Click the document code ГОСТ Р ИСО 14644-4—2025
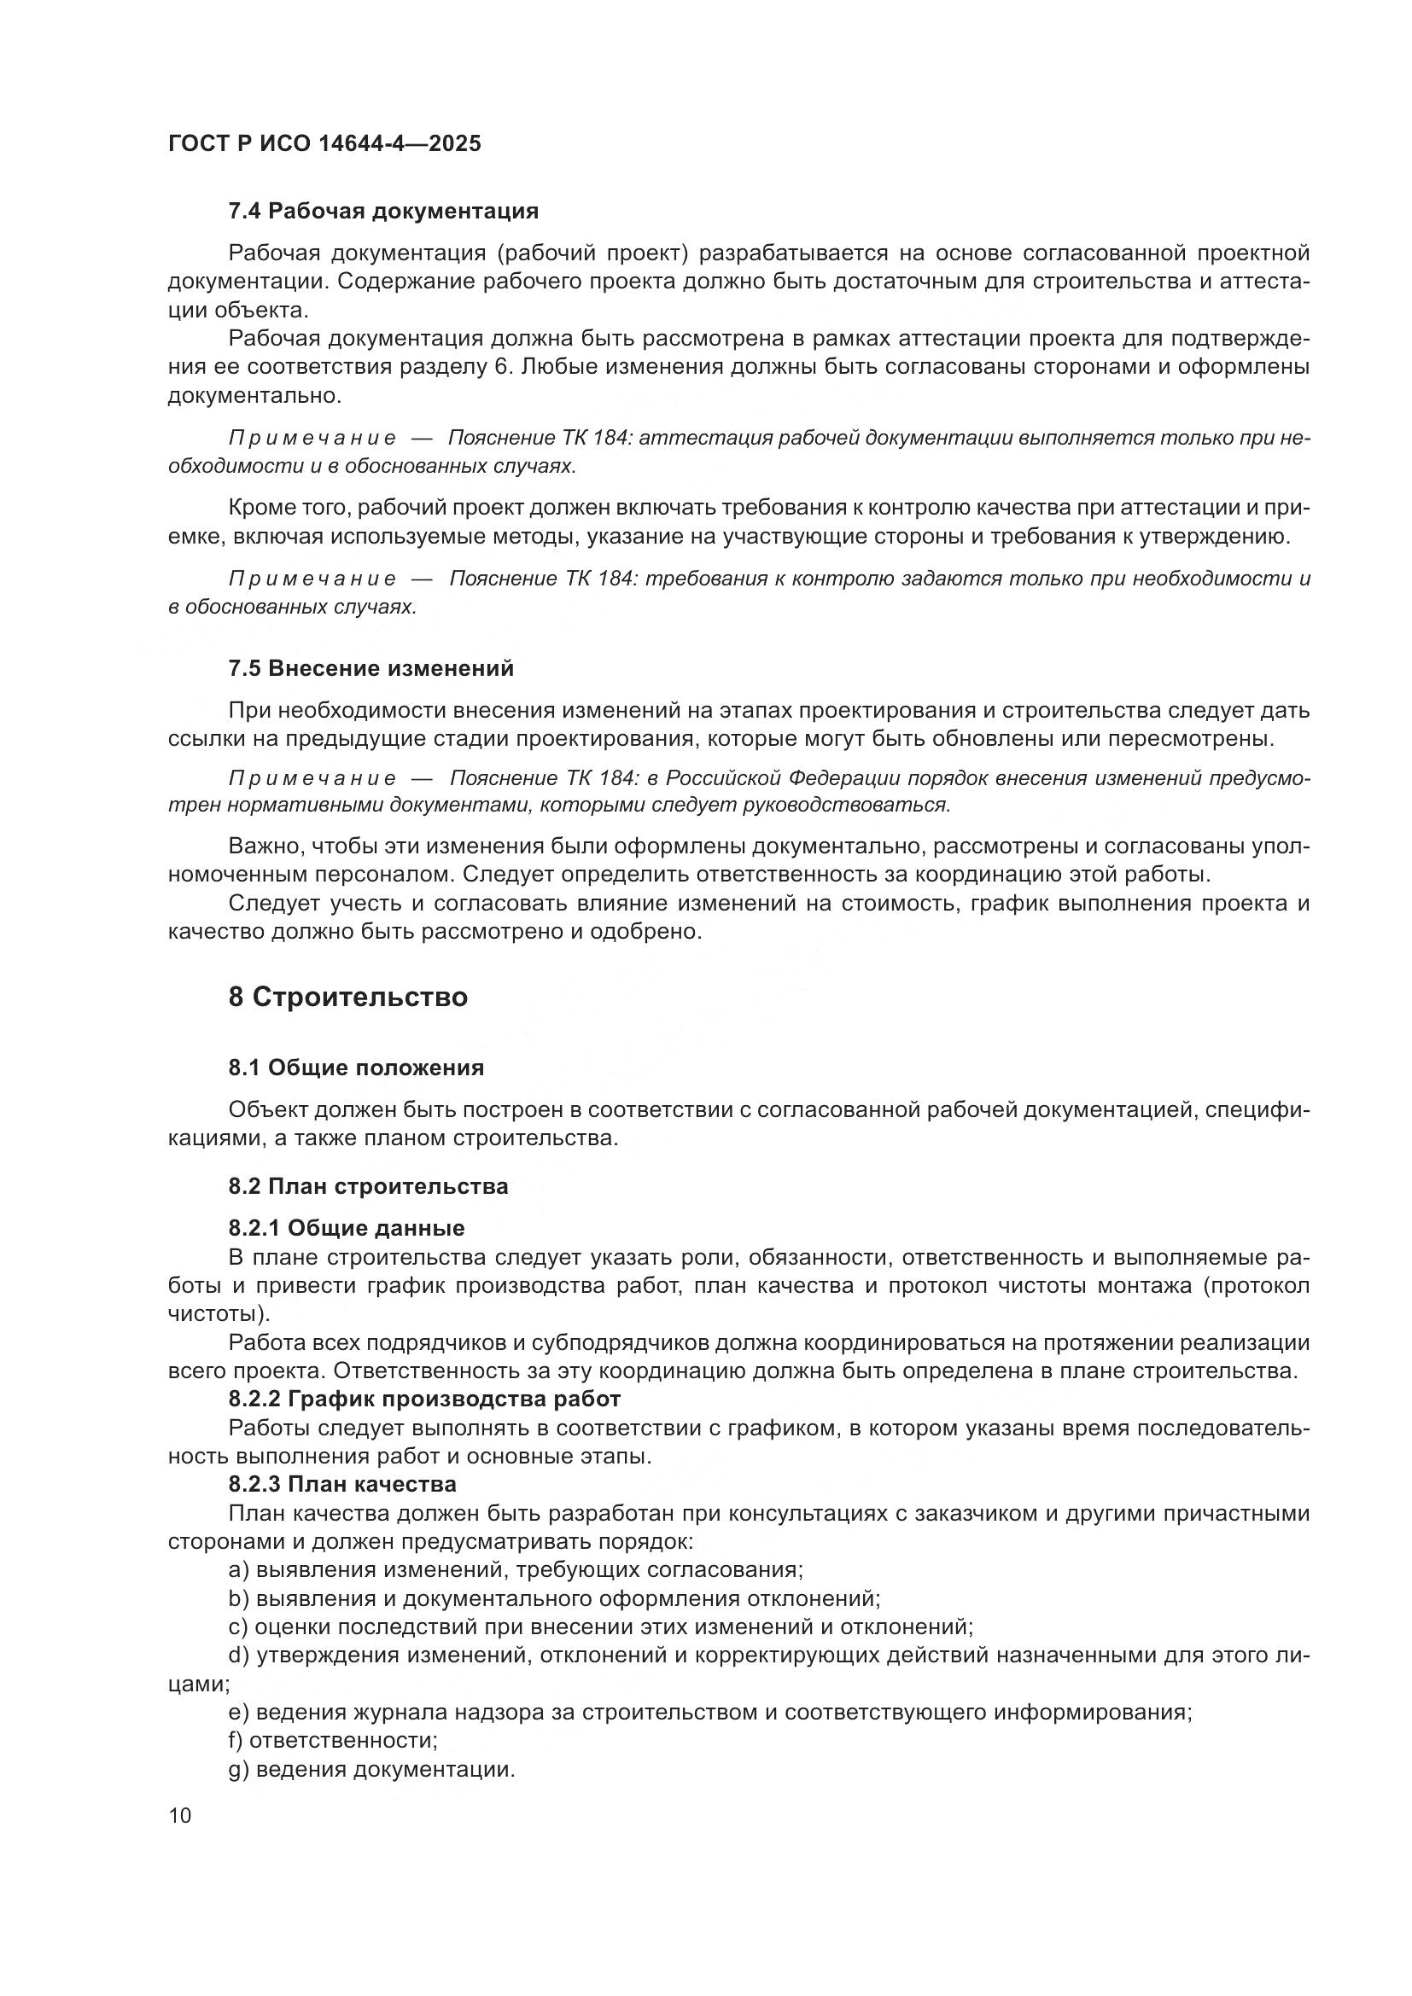[324, 143]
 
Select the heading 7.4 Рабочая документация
[383, 211]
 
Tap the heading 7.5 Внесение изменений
[371, 667]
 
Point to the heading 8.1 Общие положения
[357, 1068]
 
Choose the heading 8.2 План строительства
[369, 1186]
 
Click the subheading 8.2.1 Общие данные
[347, 1227]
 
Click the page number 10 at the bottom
[180, 1815]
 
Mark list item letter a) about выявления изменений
[239, 1569]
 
